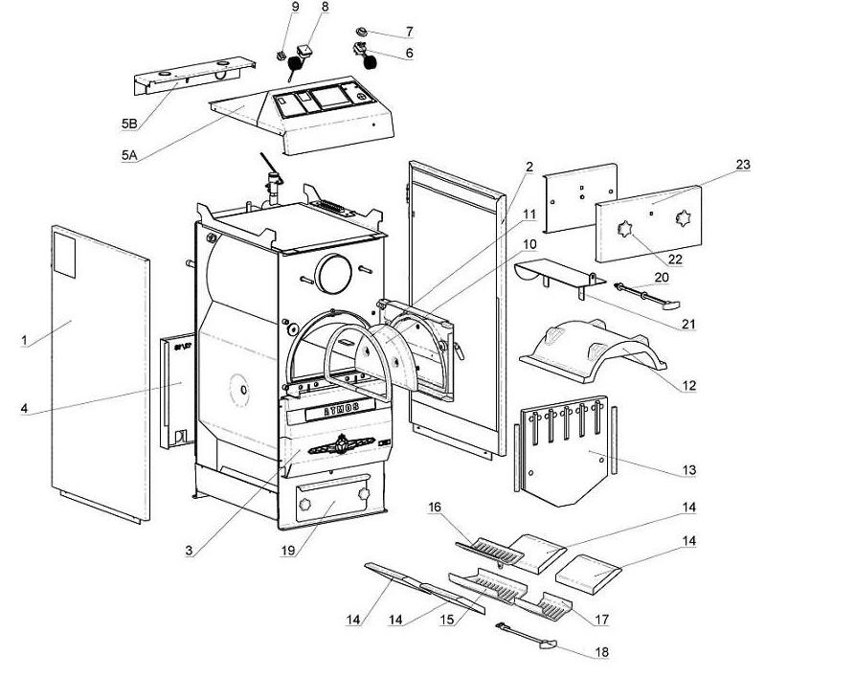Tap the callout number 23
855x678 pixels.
(743, 165)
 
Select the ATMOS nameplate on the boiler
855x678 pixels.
(332, 414)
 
